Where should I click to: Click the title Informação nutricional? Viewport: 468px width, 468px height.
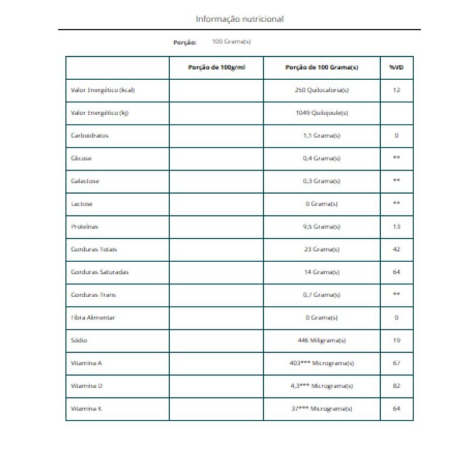(239, 19)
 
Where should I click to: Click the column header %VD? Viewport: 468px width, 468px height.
(396, 67)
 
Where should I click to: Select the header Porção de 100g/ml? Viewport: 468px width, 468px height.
(216, 67)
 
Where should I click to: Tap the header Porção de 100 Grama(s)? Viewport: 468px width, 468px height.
(322, 67)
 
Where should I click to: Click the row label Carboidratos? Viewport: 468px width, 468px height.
(90, 136)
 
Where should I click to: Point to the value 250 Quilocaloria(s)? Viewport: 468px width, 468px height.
(322, 90)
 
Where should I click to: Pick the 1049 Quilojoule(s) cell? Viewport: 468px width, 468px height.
(322, 113)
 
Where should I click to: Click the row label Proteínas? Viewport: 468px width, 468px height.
(85, 226)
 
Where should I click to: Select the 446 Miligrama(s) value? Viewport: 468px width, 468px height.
(322, 340)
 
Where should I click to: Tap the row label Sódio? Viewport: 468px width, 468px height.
(79, 340)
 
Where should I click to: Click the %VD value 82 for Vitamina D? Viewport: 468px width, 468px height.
(396, 386)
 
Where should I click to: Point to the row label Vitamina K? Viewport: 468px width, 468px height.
(86, 409)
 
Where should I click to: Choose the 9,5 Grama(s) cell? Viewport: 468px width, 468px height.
(322, 226)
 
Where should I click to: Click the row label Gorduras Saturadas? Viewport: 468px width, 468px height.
(99, 272)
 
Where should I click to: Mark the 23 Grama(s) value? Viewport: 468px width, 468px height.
(322, 249)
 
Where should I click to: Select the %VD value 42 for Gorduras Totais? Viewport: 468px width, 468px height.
(396, 249)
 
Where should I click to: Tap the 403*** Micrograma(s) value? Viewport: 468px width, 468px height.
(322, 363)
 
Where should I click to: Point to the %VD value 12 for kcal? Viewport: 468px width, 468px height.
(396, 90)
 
